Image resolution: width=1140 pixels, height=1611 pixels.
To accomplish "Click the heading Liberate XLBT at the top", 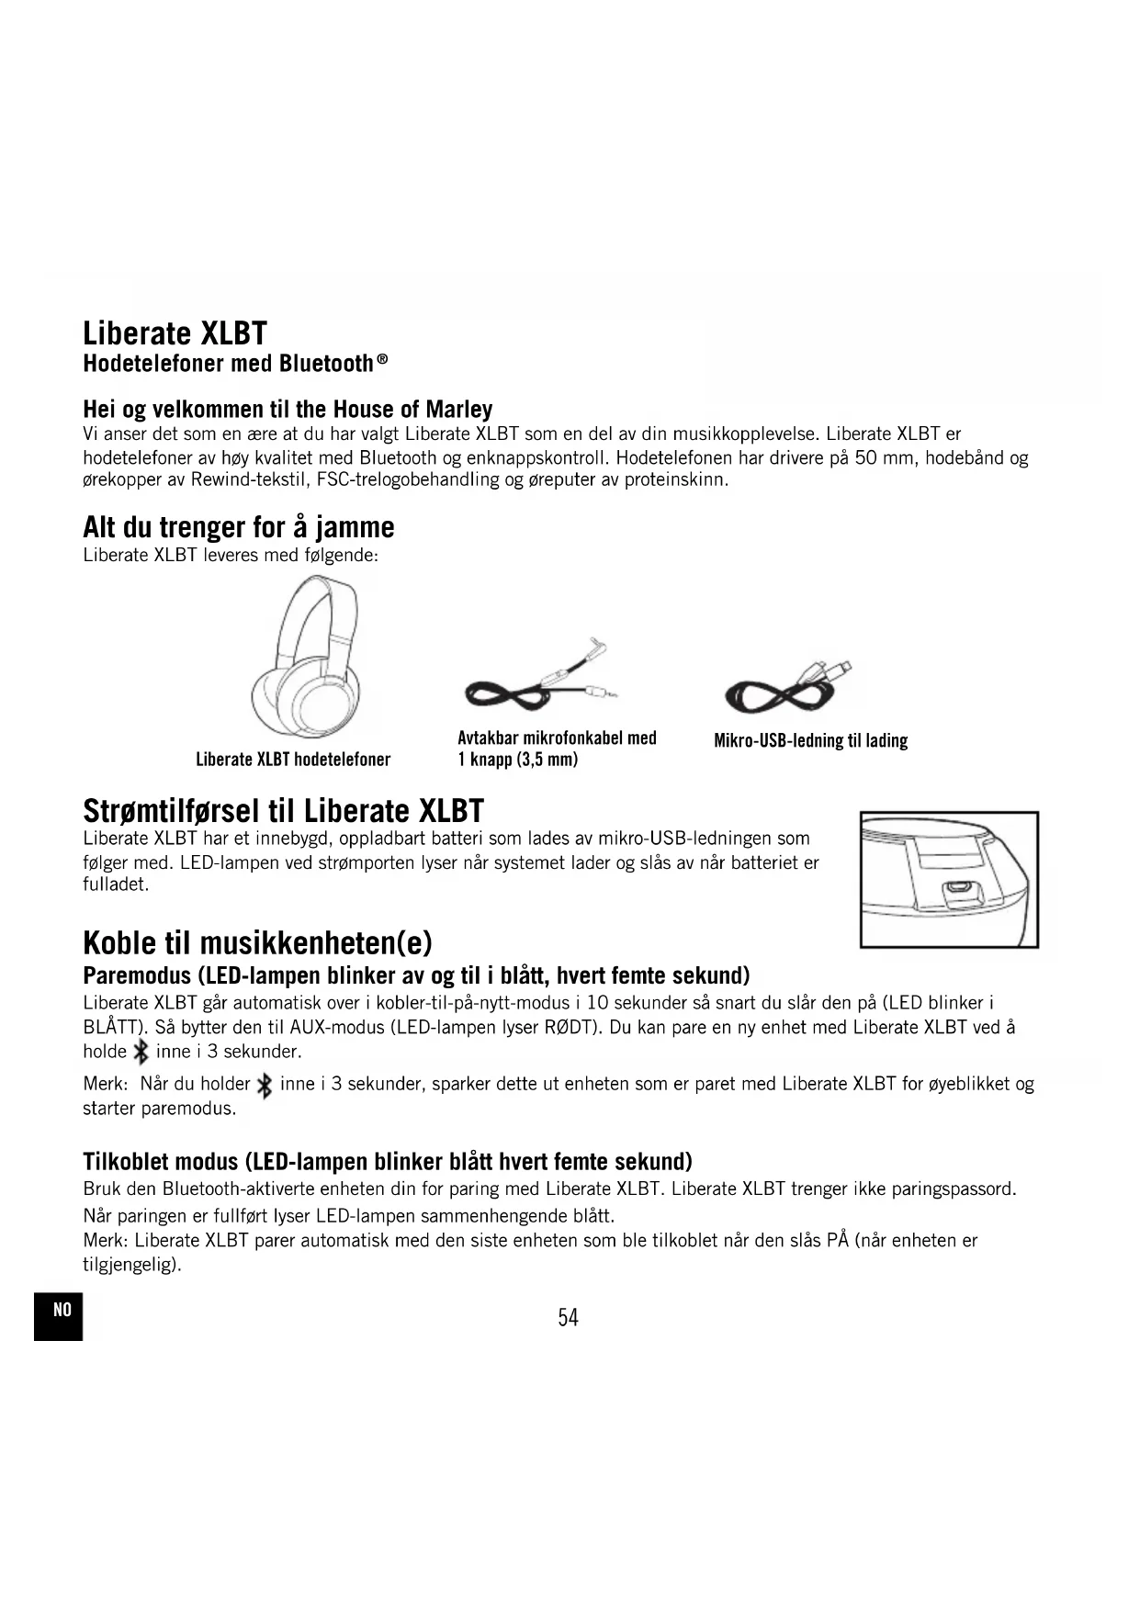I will click(175, 332).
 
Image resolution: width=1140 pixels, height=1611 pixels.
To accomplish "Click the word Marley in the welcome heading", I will click(458, 409).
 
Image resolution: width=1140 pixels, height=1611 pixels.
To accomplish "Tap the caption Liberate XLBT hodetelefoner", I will click(293, 760).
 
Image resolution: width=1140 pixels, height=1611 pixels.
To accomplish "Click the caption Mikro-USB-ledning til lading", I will click(810, 740).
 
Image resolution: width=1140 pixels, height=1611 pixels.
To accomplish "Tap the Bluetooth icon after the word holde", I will click(141, 1052).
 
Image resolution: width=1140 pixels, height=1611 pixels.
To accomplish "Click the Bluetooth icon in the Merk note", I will click(265, 1086).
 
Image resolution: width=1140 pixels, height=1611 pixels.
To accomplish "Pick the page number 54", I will click(568, 1318).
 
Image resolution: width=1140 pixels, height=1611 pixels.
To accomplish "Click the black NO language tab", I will click(59, 1314).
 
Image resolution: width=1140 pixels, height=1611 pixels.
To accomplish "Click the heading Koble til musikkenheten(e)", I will click(257, 942).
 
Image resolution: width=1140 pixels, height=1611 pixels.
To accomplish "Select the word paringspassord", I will click(955, 1189).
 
